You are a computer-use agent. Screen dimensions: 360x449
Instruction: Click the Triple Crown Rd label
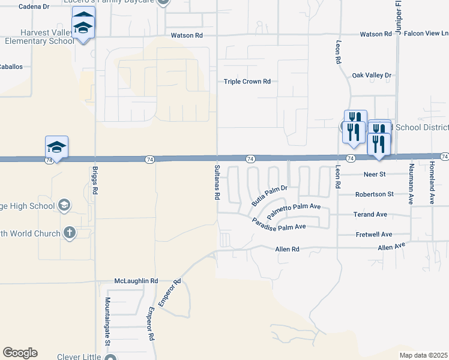(247, 82)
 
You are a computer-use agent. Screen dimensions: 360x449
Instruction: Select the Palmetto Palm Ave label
(295, 210)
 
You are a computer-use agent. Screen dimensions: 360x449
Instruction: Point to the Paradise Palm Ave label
(279, 223)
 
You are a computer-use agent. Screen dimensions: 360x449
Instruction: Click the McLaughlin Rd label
(136, 281)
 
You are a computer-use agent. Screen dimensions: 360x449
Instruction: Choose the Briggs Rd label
(95, 179)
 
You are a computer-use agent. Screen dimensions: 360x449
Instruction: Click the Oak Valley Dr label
(372, 76)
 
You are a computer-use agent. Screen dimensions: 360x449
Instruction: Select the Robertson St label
(374, 194)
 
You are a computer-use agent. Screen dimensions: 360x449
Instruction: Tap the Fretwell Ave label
(373, 235)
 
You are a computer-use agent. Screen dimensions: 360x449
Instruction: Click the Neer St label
(373, 175)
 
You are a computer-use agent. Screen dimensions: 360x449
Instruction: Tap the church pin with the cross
(70, 233)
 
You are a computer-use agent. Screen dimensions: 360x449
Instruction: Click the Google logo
(20, 353)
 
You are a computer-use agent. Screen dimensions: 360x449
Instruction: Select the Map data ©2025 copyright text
(423, 355)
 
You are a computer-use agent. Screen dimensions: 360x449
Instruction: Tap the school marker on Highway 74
(56, 147)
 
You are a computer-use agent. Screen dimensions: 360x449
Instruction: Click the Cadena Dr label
(34, 7)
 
